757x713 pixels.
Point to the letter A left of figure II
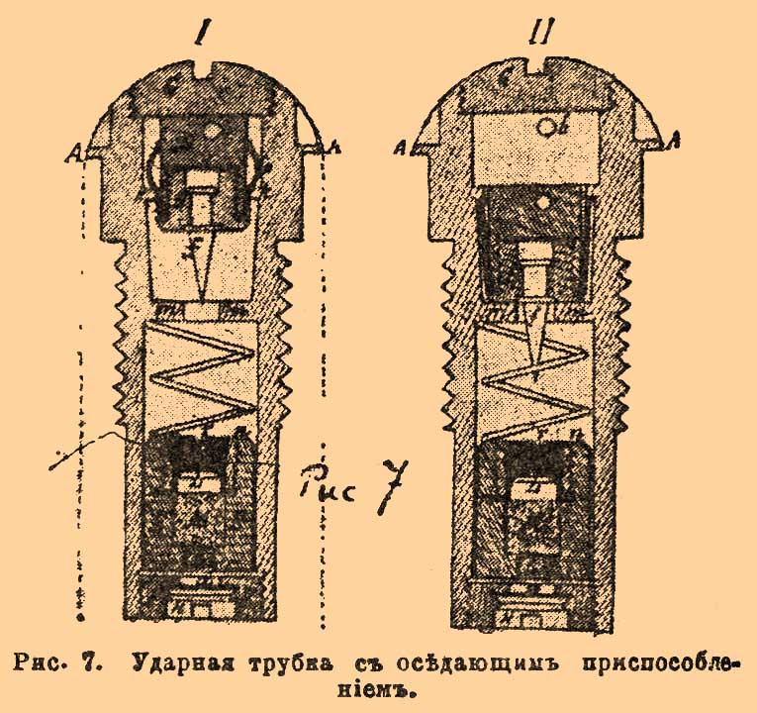(x=403, y=148)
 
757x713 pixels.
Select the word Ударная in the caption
(x=176, y=662)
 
